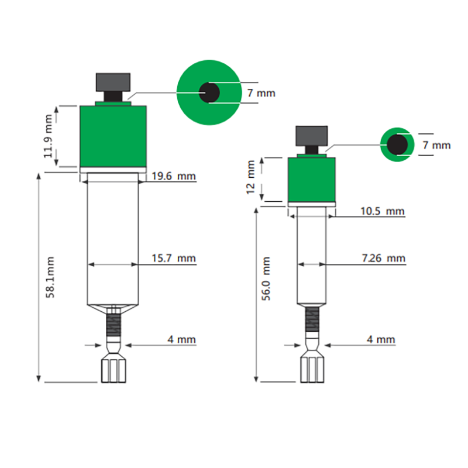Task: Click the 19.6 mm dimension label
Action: click(x=174, y=176)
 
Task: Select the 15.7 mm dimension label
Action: click(x=174, y=258)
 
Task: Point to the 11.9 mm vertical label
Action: click(x=51, y=133)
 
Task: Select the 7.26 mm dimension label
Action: click(x=383, y=258)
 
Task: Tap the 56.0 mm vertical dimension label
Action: click(x=267, y=278)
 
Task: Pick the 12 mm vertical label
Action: click(x=252, y=178)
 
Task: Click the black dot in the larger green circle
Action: click(x=209, y=92)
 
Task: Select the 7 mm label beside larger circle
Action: click(x=260, y=93)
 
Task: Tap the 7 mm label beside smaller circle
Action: click(x=436, y=144)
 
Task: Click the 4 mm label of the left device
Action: click(x=181, y=339)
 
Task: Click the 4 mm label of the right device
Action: click(x=381, y=339)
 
